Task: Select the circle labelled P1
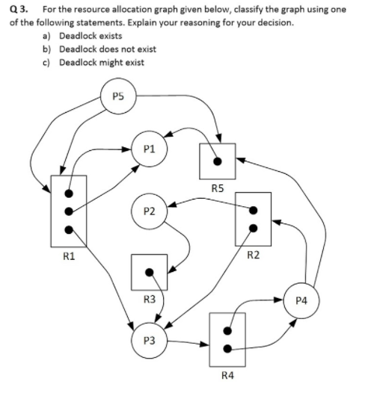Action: coord(149,147)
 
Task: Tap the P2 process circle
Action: coord(149,211)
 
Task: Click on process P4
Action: coord(301,301)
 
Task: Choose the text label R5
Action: coord(218,188)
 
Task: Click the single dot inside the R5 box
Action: coord(218,160)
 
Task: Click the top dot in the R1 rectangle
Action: coord(69,191)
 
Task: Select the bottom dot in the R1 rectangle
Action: coord(69,230)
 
